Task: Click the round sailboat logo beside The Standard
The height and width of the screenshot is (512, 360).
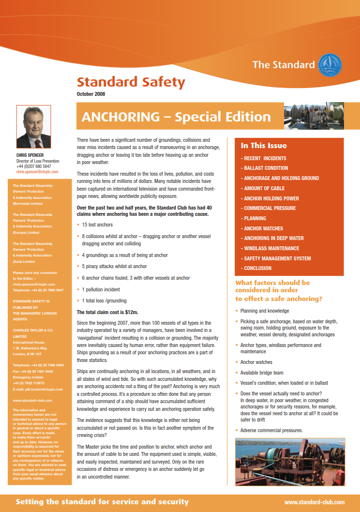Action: [x=330, y=65]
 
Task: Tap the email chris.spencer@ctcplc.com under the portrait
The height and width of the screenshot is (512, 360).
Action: [x=37, y=172]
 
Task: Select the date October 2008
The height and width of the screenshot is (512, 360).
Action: [x=91, y=94]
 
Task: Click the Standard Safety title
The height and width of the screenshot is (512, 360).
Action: [x=131, y=82]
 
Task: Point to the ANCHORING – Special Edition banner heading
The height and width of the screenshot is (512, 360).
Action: [x=176, y=117]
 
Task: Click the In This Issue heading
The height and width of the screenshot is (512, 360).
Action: [x=264, y=146]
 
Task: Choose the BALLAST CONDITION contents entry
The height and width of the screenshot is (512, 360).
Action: [x=266, y=168]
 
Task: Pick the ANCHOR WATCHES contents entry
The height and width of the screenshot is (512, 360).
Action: [x=263, y=228]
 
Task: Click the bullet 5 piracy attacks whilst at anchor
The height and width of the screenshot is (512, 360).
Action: [x=114, y=266]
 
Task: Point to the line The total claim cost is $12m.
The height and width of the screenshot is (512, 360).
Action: [x=107, y=312]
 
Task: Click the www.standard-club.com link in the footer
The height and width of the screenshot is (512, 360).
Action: [x=315, y=502]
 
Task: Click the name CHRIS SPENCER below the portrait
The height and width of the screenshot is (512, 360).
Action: [x=30, y=156]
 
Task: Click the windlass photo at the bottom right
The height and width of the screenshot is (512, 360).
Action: [x=290, y=462]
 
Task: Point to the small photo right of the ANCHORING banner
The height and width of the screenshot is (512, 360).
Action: [x=314, y=117]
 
